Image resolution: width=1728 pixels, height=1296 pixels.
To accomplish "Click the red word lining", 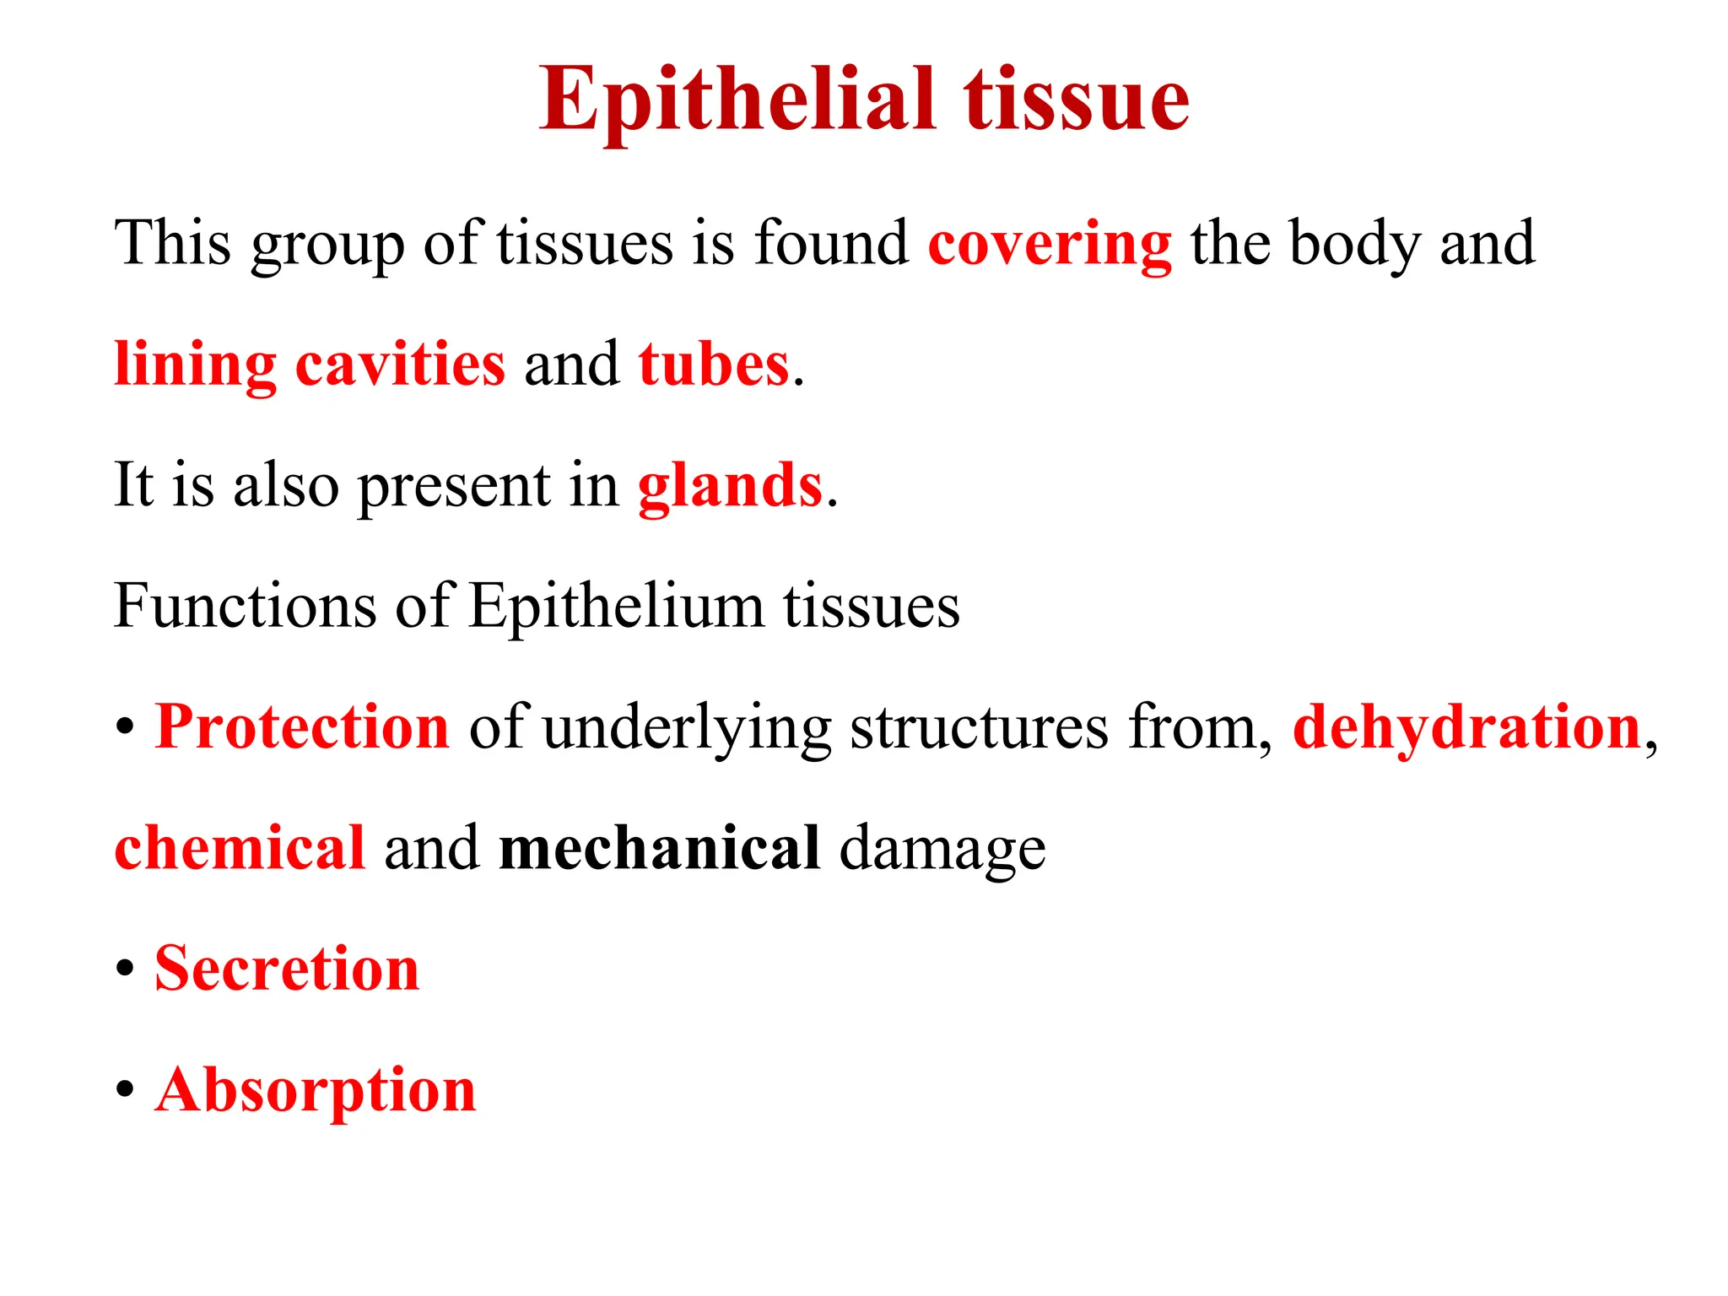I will tap(195, 364).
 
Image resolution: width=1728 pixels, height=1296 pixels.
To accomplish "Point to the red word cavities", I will tap(400, 364).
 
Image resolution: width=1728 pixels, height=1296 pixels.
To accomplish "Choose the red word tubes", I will tap(714, 364).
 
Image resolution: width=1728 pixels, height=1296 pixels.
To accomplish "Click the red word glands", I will tap(730, 486).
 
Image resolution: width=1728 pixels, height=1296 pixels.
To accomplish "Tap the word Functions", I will tap(245, 606).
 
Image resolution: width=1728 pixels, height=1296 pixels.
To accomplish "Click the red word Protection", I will tap(302, 726).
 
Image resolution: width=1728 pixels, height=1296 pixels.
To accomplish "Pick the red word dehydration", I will tap(1466, 726).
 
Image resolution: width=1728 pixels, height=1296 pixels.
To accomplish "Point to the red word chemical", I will tap(240, 847).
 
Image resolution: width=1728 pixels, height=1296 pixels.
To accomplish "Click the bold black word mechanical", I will tap(659, 847).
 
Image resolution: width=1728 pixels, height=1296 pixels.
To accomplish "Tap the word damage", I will tap(942, 849).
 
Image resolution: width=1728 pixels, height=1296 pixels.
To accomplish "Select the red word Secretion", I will tap(287, 969).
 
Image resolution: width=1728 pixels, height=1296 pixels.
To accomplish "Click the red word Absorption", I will tap(316, 1090).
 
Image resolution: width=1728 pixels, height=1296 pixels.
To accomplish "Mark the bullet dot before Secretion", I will tap(125, 969).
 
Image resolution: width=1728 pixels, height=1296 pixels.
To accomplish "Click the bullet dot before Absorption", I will tap(125, 1090).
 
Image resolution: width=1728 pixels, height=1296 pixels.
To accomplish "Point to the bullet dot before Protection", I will tap(125, 727).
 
